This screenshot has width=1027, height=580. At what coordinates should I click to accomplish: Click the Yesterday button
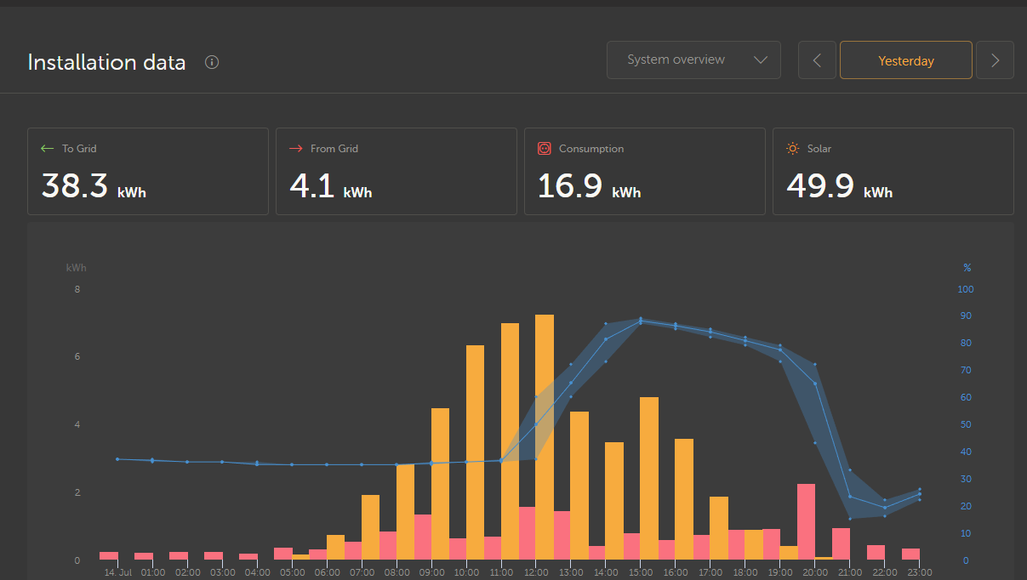pos(905,60)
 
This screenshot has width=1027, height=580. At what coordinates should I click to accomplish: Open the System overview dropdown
pos(693,60)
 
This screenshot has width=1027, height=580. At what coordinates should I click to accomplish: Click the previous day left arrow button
pos(817,60)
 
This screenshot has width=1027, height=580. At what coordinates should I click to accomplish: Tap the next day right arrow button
pos(995,60)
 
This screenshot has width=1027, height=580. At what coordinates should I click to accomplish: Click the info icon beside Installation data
pos(212,62)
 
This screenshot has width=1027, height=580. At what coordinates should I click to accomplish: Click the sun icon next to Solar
pos(793,149)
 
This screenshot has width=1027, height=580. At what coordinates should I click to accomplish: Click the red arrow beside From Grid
pos(295,149)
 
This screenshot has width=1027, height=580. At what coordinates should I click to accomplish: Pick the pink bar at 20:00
pos(806,520)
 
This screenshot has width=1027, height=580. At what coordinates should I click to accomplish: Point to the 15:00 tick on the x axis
pos(640,572)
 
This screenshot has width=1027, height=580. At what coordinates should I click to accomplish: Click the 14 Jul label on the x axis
pos(117,572)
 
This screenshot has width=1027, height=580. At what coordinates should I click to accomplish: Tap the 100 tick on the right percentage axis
pos(965,289)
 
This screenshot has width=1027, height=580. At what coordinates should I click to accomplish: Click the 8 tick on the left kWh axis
pos(77,289)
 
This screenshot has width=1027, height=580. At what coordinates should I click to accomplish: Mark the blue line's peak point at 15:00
pos(641,321)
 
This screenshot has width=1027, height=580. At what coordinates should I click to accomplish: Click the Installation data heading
pos(106,62)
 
